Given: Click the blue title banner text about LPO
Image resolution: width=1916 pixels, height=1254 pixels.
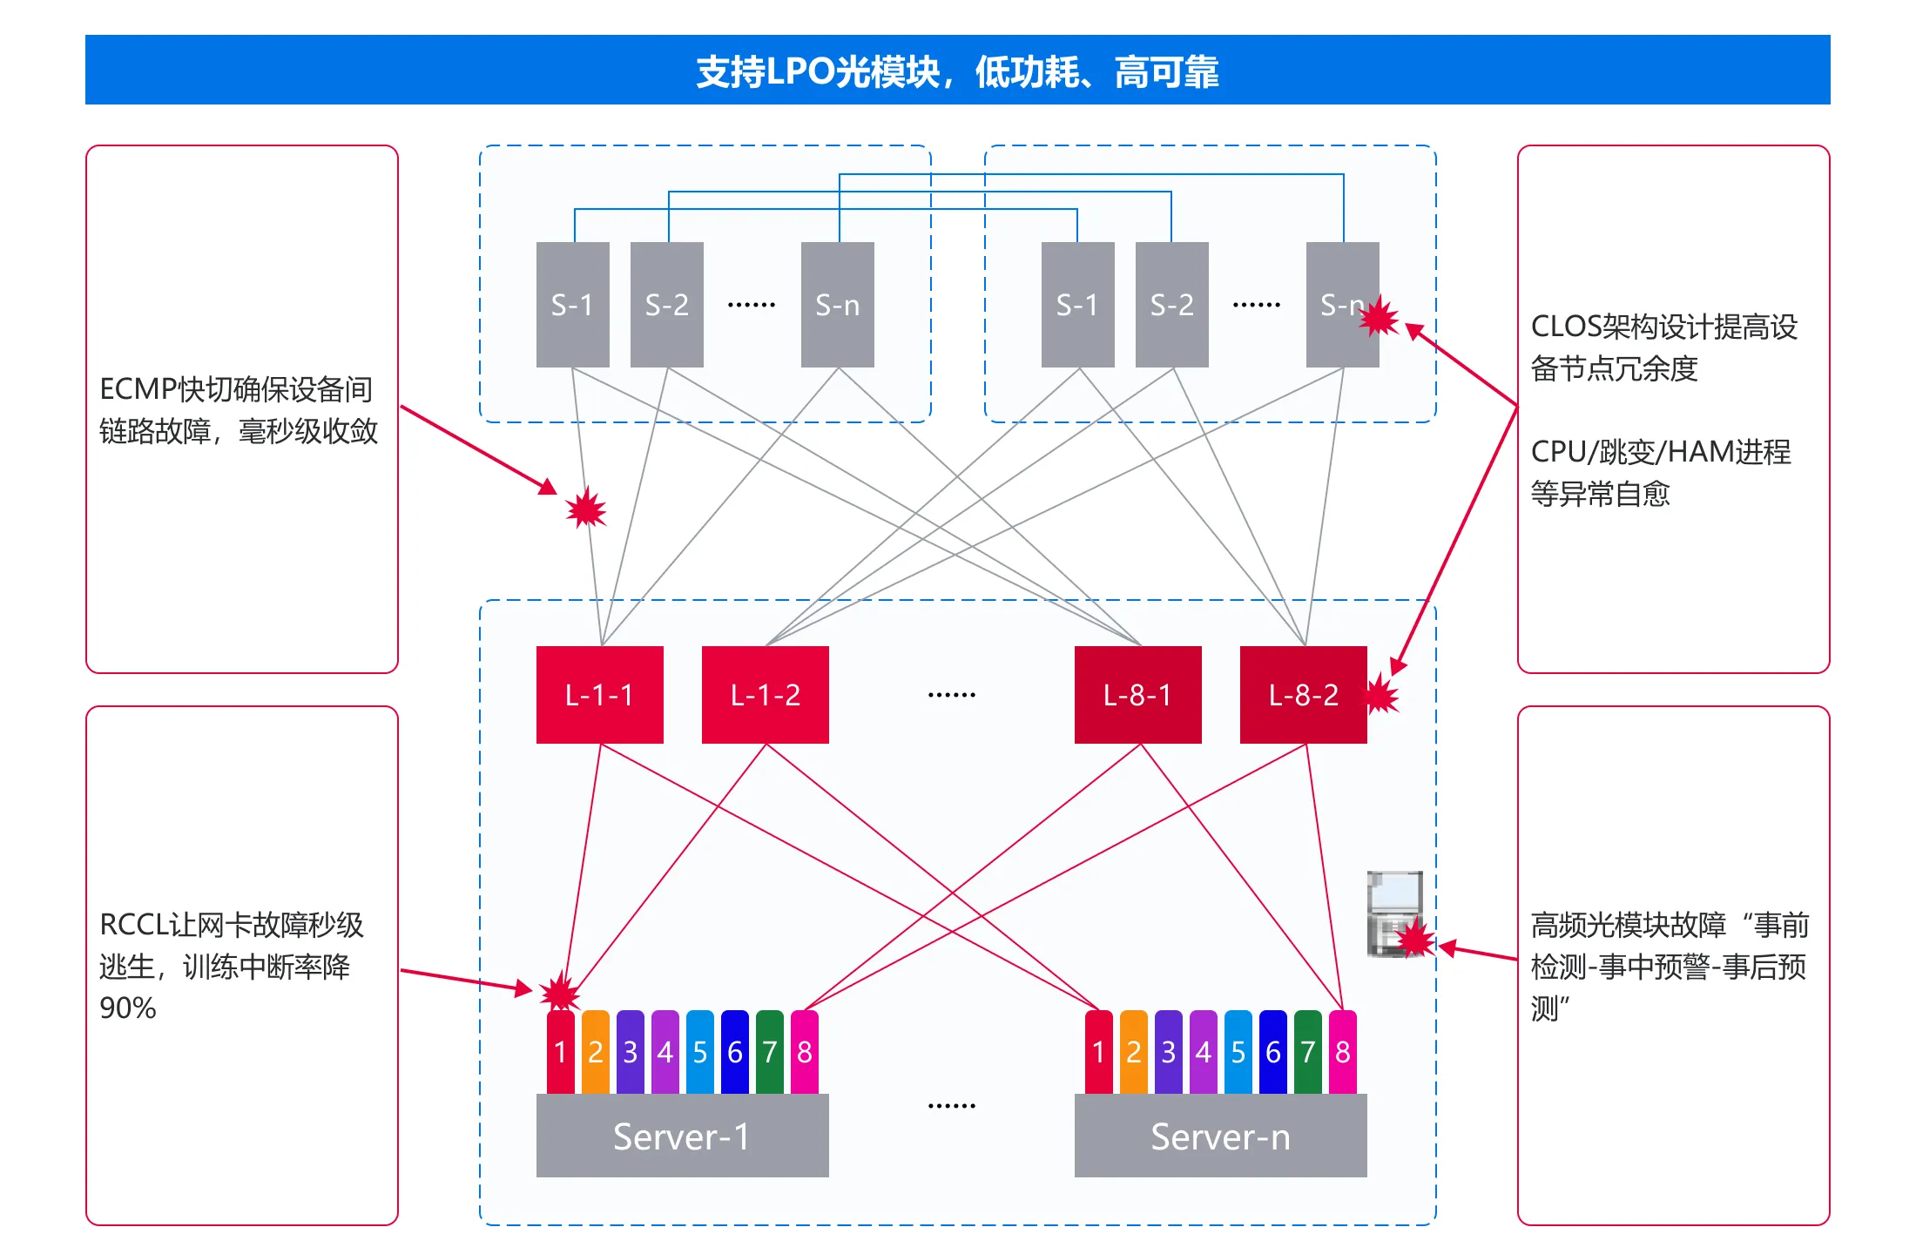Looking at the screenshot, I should coord(957,71).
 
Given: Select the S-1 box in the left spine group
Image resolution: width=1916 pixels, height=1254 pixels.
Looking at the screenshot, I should coord(572,305).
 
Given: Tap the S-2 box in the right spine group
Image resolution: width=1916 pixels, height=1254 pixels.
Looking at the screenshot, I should coord(1171,305).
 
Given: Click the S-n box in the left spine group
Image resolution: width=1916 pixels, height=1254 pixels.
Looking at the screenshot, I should coord(837,305).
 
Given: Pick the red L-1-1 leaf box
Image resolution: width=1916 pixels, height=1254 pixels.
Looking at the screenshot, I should coord(599,695).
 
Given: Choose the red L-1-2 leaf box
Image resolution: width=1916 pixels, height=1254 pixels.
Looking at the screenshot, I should coord(765,695).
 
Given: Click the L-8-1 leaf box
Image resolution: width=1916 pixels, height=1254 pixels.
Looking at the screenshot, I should coord(1137,695).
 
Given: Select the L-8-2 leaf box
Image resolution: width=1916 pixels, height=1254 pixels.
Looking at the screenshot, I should coord(1303,695).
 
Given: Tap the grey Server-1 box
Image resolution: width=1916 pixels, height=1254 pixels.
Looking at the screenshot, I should coord(682,1136).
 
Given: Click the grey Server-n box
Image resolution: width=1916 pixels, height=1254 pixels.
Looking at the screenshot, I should coord(1220,1136).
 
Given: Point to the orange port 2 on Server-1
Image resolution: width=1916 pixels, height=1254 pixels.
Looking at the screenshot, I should coord(595,1052).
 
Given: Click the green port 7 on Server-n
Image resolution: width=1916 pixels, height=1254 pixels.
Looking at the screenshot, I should coord(1307,1052).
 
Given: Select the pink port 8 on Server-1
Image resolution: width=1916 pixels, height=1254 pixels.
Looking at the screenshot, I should coord(804,1052).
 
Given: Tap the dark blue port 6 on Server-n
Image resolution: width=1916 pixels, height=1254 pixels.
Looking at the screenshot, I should coord(1272,1052).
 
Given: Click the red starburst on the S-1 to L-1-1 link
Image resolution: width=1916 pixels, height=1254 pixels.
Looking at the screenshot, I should coord(586,508).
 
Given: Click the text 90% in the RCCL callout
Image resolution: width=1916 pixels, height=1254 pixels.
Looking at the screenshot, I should coord(128,1008).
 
